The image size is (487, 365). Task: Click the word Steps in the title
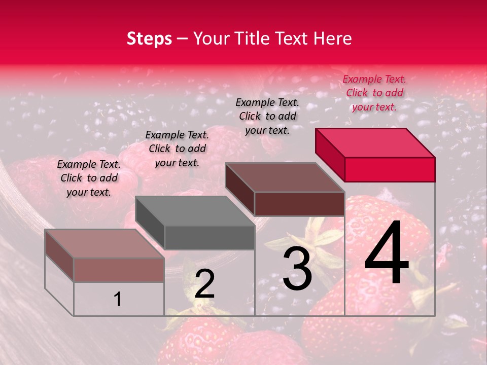149,39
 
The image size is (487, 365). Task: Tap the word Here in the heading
333,39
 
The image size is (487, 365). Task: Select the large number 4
387,253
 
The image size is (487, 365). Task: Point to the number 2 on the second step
204,284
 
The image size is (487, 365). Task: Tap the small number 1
117,299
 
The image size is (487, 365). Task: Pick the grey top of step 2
195,211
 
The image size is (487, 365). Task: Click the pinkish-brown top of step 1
105,244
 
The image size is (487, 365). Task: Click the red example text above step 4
374,93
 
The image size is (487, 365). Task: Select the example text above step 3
267,116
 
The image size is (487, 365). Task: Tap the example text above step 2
177,149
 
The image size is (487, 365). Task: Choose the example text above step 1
89,178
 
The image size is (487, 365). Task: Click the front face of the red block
390,169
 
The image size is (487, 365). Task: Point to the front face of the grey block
210,238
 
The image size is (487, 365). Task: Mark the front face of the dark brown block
299,204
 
